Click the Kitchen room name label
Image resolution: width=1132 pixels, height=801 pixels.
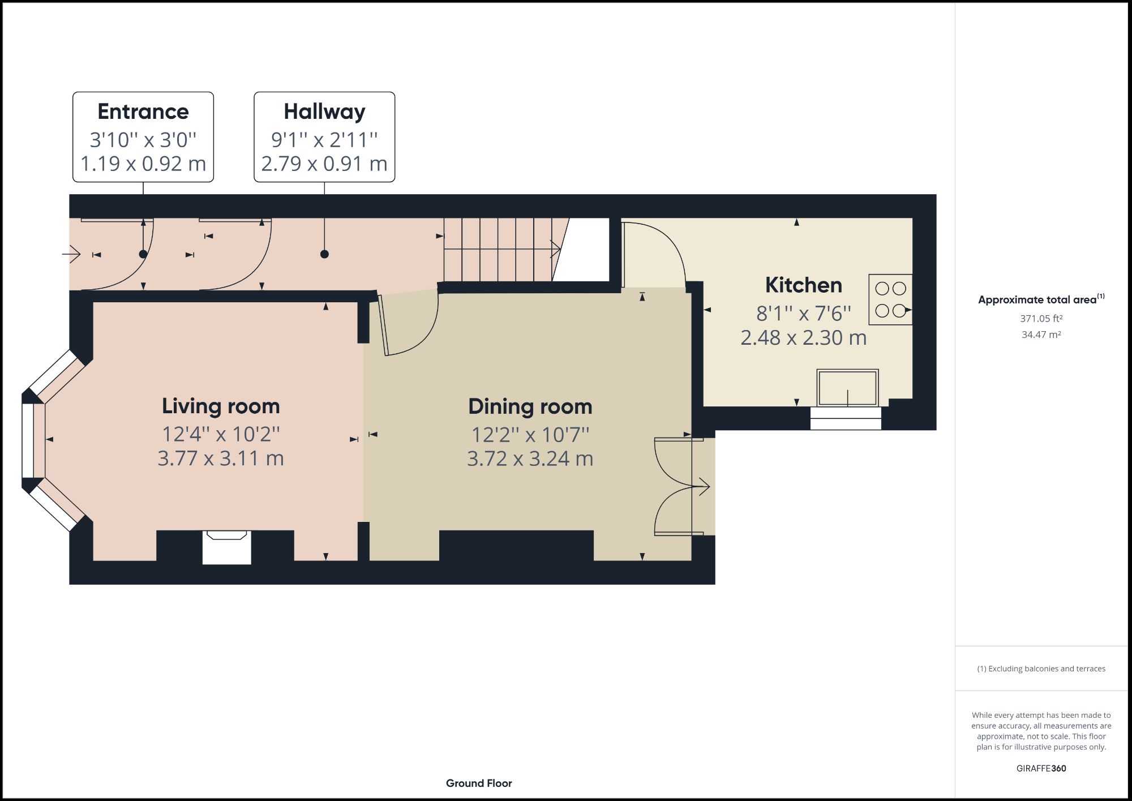[x=803, y=285]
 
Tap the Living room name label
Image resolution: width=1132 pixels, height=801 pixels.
[x=221, y=406]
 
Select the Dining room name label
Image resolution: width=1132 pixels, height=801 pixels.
[x=530, y=406]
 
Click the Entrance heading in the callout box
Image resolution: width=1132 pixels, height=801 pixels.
[x=143, y=112]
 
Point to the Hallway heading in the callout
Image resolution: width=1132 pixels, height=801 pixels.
[x=324, y=112]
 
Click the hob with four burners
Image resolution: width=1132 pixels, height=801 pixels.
[x=890, y=299]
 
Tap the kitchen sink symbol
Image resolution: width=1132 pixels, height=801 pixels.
[x=847, y=388]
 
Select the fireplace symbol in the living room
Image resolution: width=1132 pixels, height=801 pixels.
[x=226, y=546]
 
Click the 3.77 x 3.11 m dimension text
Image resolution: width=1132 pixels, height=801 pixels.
[x=221, y=458]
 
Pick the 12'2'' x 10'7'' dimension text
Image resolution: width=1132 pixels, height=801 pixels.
[x=530, y=435]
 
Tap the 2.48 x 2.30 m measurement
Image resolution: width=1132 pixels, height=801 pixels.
[x=803, y=338]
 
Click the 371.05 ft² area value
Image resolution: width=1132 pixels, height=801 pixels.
[x=1041, y=319]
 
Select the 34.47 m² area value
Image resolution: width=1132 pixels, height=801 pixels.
[x=1041, y=335]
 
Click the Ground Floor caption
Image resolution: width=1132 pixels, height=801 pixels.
[x=479, y=783]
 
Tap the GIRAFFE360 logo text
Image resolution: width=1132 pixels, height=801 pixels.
[x=1041, y=768]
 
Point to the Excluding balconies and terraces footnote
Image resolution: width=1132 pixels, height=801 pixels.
[x=1041, y=669]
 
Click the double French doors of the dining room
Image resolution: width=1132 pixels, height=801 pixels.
[x=676, y=487]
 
